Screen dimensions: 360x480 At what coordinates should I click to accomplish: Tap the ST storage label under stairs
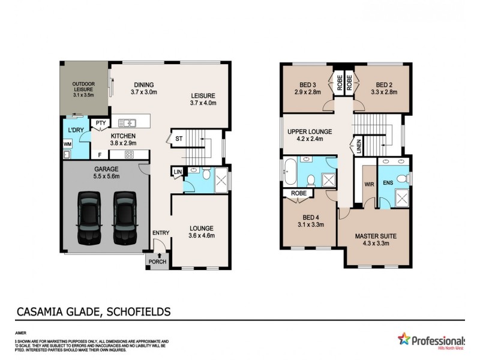click(x=179, y=138)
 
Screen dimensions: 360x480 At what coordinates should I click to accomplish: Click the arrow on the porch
click(x=159, y=256)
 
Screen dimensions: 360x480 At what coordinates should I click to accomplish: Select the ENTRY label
click(x=161, y=233)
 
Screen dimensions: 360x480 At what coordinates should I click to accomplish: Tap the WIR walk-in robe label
click(x=370, y=184)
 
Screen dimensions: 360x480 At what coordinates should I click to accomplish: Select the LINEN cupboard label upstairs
click(x=358, y=147)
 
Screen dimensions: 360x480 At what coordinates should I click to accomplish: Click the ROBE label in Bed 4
click(x=298, y=194)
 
